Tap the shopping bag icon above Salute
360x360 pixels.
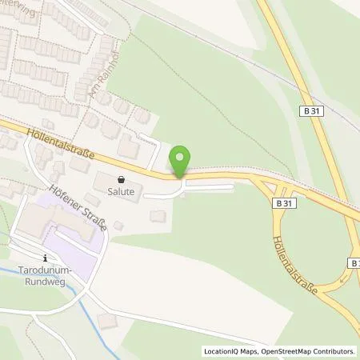pos(120,180)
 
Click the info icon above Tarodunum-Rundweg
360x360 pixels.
pos(46,257)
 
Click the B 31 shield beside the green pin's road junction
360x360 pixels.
pos(281,203)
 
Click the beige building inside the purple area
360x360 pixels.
pos(48,220)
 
